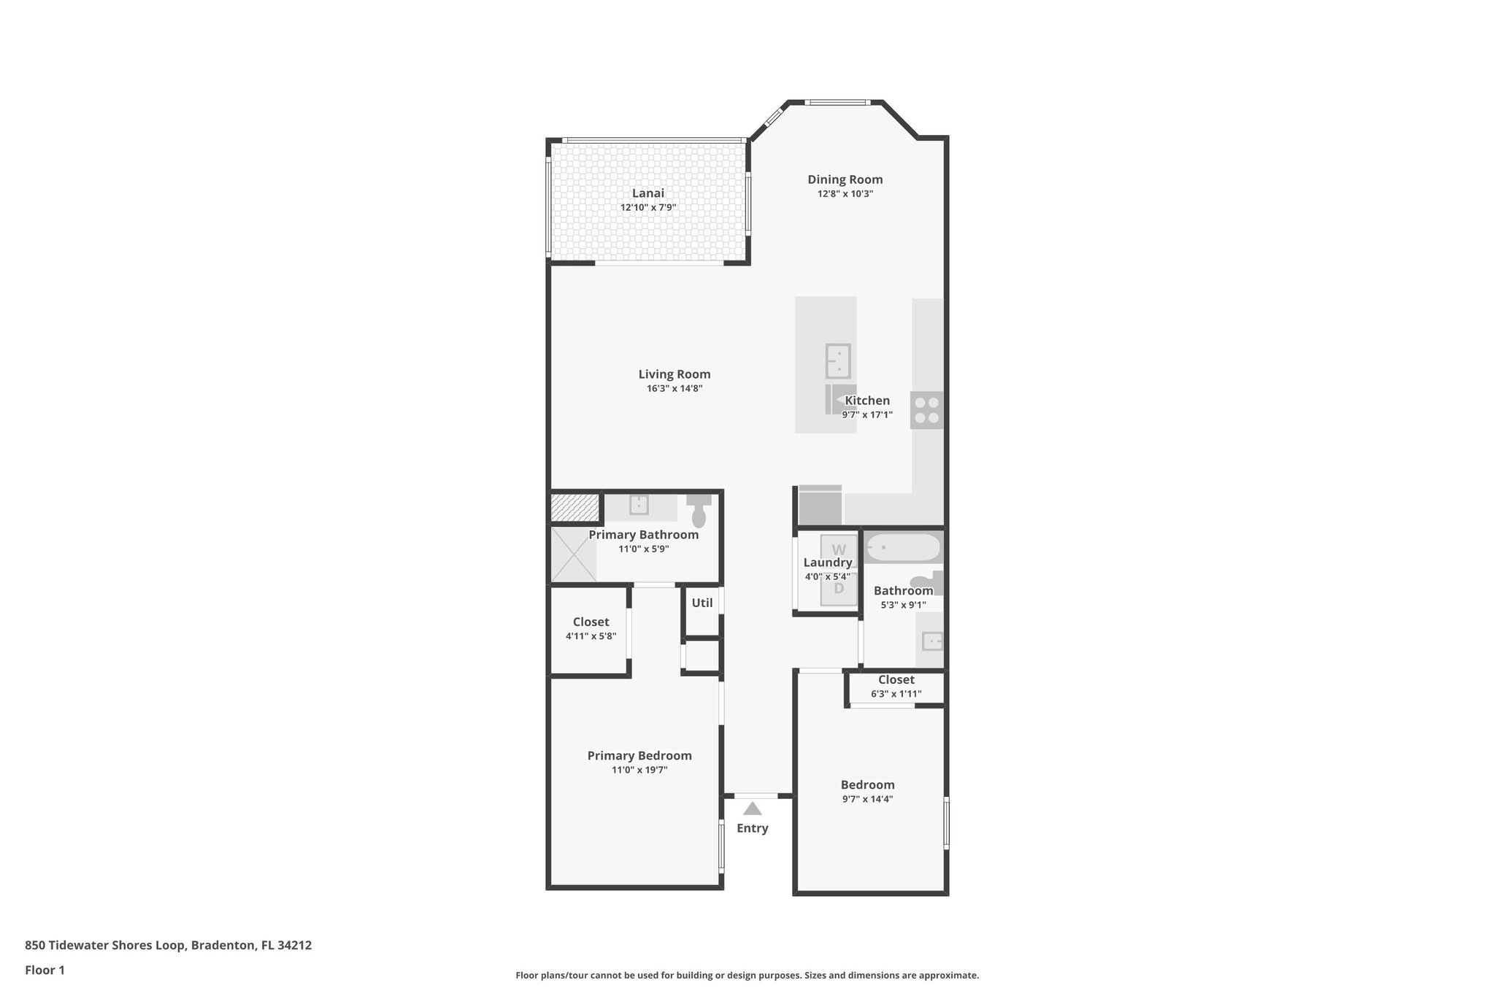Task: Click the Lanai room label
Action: tap(647, 193)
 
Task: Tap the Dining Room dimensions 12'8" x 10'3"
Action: tap(845, 194)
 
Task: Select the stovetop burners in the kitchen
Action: tap(926, 410)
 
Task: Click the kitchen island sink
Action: tap(838, 360)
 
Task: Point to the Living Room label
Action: tap(674, 374)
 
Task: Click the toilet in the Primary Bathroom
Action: tap(699, 510)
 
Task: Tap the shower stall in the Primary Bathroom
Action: tap(573, 555)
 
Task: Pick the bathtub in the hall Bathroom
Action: tap(903, 548)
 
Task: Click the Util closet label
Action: tap(702, 603)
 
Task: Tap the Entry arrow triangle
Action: tap(752, 809)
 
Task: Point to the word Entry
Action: tap(752, 828)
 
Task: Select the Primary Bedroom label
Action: tap(639, 756)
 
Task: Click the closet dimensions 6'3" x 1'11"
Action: tap(896, 694)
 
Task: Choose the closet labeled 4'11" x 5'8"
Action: tap(590, 629)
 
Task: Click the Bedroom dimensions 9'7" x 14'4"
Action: tap(867, 799)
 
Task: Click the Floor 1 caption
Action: tap(45, 970)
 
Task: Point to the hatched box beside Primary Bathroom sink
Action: tap(574, 508)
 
